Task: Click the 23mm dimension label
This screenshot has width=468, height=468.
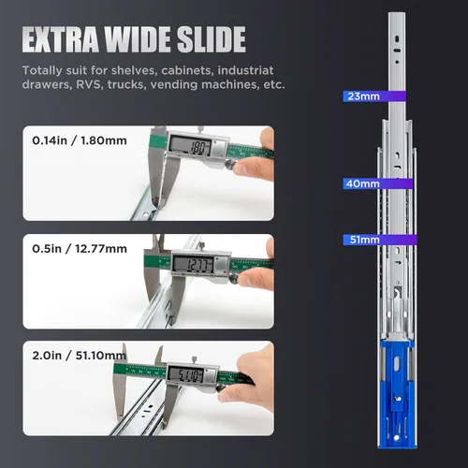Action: [x=362, y=96]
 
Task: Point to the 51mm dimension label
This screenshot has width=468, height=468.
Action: [x=362, y=240]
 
